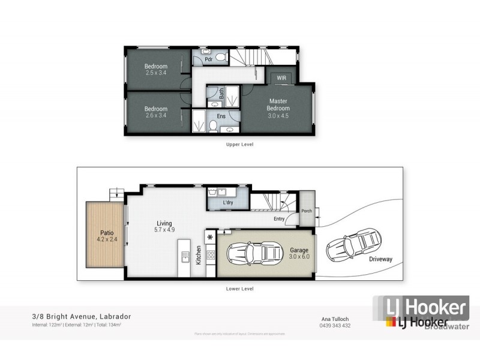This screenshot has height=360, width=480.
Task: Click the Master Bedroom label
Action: pos(279,104)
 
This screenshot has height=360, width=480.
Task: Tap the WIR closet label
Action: pos(280,79)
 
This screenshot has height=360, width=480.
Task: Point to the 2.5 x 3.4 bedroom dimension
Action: pos(155,73)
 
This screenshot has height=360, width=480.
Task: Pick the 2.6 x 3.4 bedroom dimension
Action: pos(155,116)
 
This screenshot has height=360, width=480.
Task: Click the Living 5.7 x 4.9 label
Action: pos(164,226)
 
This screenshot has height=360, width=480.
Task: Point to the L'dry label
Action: pos(227,203)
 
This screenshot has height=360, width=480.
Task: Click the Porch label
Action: pos(307,211)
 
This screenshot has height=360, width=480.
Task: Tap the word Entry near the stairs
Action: pos(279,219)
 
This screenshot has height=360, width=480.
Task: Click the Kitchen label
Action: pos(198,256)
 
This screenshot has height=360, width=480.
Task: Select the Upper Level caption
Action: pos(239,145)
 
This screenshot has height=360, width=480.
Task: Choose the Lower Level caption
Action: pos(239,289)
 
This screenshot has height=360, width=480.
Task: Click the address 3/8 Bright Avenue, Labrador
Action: pos(82,316)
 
